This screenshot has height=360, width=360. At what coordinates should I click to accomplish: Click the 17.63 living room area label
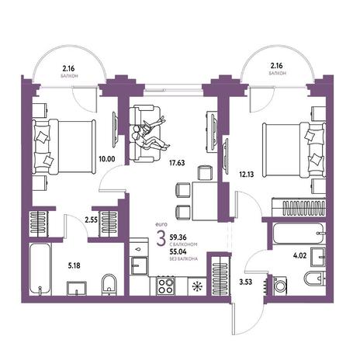click(x=177, y=163)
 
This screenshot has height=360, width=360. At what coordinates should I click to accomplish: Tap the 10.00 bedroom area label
click(x=107, y=158)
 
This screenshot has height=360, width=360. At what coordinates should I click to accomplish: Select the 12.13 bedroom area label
click(x=246, y=175)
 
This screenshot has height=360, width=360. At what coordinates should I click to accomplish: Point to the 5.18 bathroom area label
click(x=74, y=265)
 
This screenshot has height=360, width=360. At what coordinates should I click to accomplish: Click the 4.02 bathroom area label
click(x=299, y=256)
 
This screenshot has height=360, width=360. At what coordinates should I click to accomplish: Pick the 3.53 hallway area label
click(x=245, y=282)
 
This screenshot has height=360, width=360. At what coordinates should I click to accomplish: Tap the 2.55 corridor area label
click(x=92, y=220)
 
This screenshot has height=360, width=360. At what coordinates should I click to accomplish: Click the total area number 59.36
click(x=178, y=237)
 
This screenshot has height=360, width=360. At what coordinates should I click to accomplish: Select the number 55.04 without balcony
click(x=178, y=251)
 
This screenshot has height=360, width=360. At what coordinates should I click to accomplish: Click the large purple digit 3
click(x=161, y=239)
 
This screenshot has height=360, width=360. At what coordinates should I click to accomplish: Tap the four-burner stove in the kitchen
click(x=165, y=286)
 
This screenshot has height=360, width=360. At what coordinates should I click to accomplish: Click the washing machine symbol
click(x=280, y=286)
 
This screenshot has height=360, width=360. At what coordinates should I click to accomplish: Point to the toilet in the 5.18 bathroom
click(x=109, y=285)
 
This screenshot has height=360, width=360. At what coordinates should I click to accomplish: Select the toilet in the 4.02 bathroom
click(x=314, y=279)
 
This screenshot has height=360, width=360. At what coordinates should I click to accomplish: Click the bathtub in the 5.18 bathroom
click(x=40, y=269)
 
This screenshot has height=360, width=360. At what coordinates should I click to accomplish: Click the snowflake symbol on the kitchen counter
click(x=197, y=286)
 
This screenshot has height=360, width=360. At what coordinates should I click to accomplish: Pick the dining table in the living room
click(x=205, y=201)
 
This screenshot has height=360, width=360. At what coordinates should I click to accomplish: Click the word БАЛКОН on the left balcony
click(x=70, y=76)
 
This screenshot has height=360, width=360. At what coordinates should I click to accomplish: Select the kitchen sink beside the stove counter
click(x=140, y=265)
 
